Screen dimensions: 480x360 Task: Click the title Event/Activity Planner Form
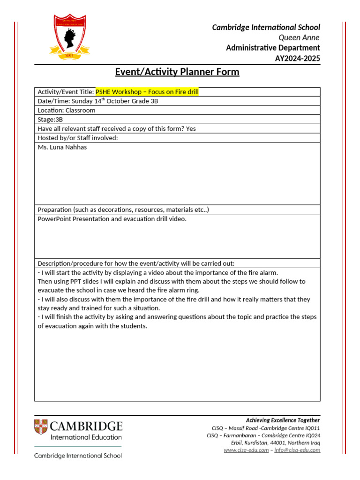(x=177, y=72)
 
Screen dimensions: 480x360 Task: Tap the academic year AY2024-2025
(x=297, y=58)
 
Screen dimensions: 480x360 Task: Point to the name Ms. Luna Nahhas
(x=62, y=147)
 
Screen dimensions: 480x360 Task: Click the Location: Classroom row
(x=66, y=110)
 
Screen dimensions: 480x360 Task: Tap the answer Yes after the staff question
(x=191, y=129)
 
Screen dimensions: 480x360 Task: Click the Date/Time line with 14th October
(x=98, y=101)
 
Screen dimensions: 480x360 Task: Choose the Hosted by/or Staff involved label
(x=77, y=138)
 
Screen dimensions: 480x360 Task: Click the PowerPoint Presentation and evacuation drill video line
(x=112, y=219)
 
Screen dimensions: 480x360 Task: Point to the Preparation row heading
(x=123, y=210)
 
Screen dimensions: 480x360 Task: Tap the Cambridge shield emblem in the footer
(x=40, y=427)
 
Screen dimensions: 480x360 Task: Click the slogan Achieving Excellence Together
(x=283, y=420)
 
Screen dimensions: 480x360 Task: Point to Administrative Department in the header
(x=273, y=48)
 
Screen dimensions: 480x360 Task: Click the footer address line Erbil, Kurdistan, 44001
(x=276, y=442)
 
